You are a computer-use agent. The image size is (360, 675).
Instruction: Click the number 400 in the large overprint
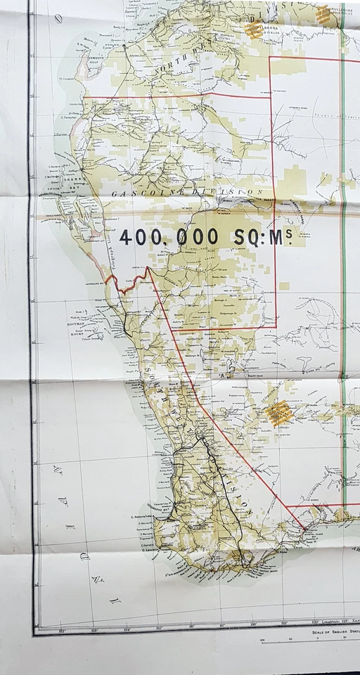coord(143,238)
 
